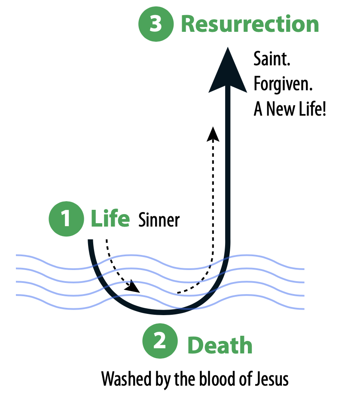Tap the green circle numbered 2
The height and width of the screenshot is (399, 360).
coord(160,342)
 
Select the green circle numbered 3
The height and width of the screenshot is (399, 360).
coord(156,24)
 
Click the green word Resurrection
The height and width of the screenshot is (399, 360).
coord(250,24)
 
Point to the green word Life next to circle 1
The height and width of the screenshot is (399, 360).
coord(110,219)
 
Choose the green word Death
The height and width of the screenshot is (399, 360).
coord(220,345)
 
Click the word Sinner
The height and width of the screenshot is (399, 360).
coord(159,220)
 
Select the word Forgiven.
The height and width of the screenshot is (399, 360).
coord(283,84)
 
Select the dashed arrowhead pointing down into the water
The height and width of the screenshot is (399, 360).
coord(133,287)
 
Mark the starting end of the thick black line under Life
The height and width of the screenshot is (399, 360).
coord(91,242)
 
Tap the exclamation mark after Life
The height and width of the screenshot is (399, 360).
coord(324,110)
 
